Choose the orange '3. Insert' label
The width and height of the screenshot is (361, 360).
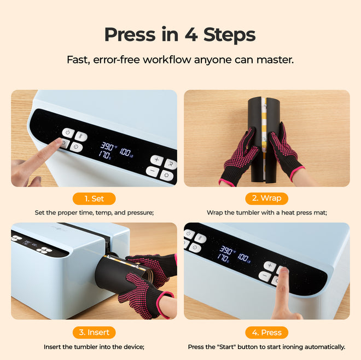pyautogui.click(x=94, y=332)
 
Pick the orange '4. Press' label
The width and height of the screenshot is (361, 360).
pyautogui.click(x=266, y=332)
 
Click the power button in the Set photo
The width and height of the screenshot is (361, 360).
pyautogui.click(x=67, y=133)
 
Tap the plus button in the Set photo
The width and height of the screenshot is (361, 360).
pyautogui.click(x=156, y=160)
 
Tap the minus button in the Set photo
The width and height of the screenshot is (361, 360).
pyautogui.click(x=153, y=171)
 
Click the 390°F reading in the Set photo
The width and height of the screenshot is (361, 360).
pyautogui.click(x=107, y=147)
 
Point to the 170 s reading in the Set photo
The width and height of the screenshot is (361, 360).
pyautogui.click(x=105, y=155)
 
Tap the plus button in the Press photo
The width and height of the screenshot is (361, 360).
pyautogui.click(x=269, y=265)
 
